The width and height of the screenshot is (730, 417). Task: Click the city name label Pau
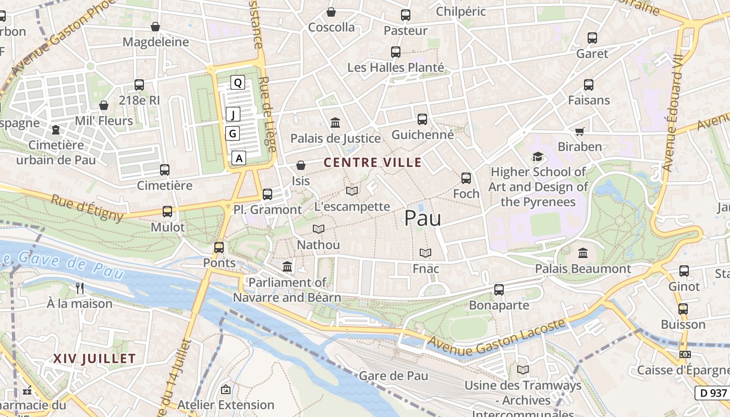coord(422,218)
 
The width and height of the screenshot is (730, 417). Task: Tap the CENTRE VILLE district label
coord(373,162)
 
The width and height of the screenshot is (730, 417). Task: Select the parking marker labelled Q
coord(238,82)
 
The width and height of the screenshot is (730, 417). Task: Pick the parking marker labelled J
coord(233,115)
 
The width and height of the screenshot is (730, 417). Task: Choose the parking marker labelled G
coord(233,134)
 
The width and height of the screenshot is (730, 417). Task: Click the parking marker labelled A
coord(239,158)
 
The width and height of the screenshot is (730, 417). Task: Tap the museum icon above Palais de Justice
coord(335,123)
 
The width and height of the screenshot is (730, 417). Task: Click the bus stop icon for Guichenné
coord(422,119)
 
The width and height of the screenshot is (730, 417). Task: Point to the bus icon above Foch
coord(466,178)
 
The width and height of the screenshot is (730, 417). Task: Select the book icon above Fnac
coord(425,253)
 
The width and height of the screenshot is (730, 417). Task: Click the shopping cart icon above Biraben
coord(579,131)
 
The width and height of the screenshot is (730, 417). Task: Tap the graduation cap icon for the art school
coord(538,156)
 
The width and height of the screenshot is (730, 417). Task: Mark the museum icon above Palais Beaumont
coord(583,253)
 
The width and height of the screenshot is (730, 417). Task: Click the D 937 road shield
coord(711,393)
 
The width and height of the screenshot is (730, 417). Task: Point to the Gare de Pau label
coord(394,375)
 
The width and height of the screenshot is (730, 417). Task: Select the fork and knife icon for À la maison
coord(80,288)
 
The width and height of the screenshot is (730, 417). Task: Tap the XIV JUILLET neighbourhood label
coord(94,359)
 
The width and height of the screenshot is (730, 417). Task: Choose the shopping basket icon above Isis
coord(301,166)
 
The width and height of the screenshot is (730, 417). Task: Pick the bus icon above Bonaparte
coord(499,290)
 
